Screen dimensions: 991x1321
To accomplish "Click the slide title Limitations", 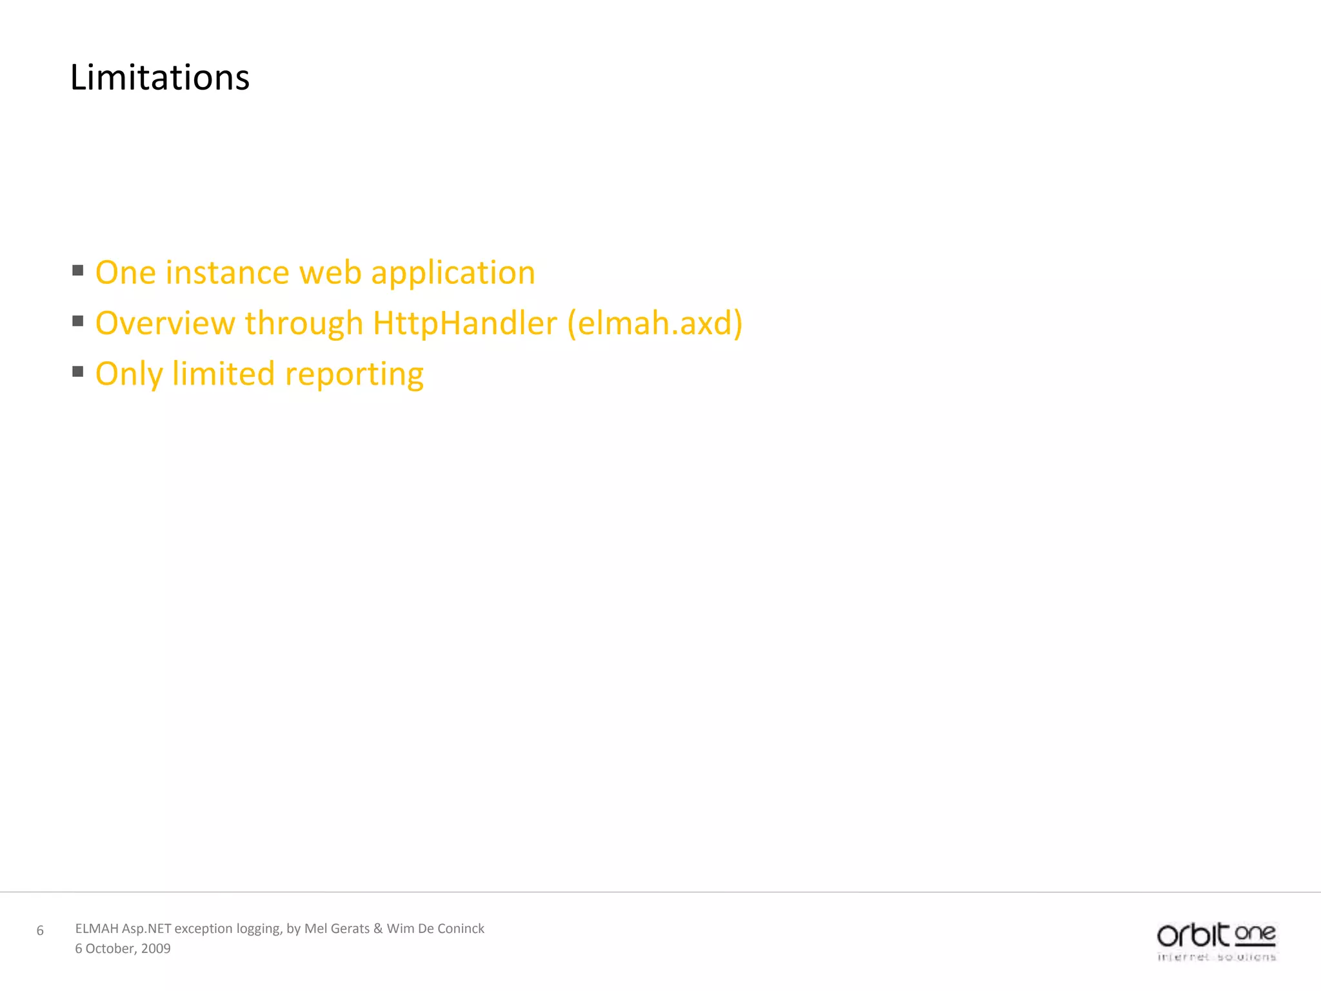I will point(159,78).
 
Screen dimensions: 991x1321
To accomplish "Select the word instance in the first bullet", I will point(228,273).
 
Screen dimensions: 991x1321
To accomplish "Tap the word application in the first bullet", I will point(453,273).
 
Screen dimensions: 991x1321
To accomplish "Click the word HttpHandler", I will point(464,323).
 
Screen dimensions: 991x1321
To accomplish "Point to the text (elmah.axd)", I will point(655,323).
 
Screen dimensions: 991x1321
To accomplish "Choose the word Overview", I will point(165,323).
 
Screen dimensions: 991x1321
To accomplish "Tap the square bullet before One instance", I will point(78,270).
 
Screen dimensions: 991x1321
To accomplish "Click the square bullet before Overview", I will point(78,321).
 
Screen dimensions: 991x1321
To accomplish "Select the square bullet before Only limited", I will point(78,371).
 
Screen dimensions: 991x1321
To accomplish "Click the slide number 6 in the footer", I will point(40,930).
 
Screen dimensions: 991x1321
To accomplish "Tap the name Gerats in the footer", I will point(350,928).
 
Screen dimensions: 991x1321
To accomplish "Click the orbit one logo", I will point(1216,941).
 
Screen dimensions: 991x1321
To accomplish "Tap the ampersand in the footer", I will point(378,928).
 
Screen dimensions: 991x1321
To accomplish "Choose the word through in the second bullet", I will point(304,323).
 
